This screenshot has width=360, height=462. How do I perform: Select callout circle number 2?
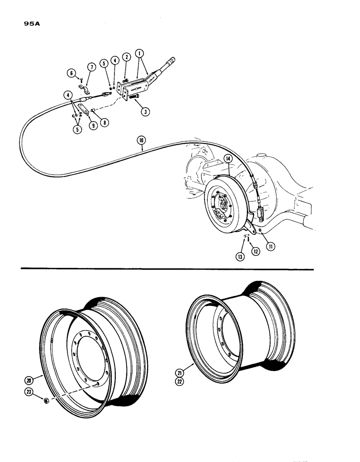126,58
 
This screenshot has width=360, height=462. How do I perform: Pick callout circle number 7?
91,67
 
